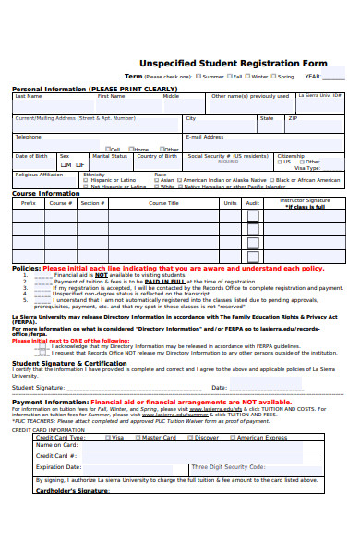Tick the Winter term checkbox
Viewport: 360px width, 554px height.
246,77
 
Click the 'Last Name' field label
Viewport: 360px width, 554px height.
28,96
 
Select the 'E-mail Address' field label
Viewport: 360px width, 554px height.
205,137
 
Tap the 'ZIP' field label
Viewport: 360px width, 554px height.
293,118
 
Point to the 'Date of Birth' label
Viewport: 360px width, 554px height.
31,156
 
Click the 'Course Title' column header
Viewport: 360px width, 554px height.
163,202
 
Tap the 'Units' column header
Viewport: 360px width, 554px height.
230,202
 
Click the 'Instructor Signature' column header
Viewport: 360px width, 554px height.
305,200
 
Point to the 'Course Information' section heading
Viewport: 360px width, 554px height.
45,194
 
